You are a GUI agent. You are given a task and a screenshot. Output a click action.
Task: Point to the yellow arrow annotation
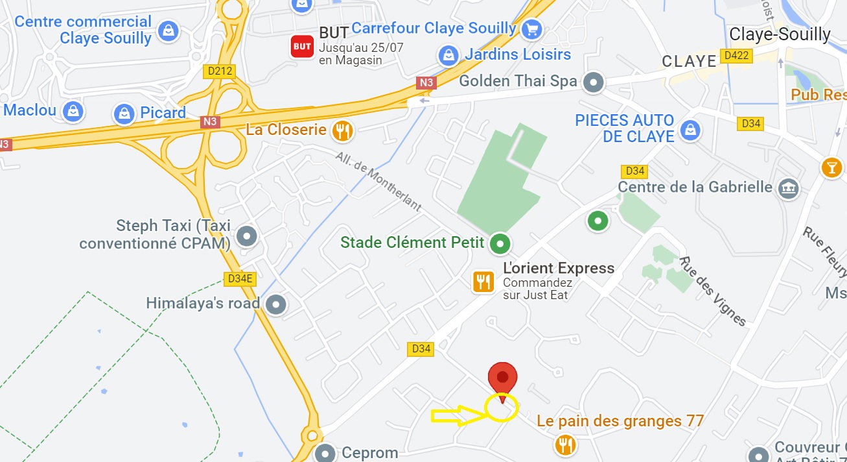pos(459,415)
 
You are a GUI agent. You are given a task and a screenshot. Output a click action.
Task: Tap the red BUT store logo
pos(302,46)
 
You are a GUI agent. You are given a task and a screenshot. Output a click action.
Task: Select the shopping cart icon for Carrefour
pos(532,29)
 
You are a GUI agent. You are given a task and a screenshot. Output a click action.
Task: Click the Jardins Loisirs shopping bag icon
pos(448,55)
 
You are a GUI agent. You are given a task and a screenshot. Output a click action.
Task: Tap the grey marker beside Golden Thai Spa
pos(594,82)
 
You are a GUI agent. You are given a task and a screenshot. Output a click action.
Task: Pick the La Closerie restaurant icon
pos(342,131)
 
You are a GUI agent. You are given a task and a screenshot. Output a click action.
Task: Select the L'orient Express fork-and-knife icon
pos(483,282)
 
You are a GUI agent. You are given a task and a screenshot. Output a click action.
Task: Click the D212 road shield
pos(219,71)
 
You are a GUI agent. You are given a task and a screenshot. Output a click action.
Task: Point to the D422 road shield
pos(737,56)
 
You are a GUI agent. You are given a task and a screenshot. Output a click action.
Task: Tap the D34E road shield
pos(240,279)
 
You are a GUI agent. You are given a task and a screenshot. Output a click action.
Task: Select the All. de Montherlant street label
pos(379,182)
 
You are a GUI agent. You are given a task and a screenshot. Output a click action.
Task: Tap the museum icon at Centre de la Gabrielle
pos(789,188)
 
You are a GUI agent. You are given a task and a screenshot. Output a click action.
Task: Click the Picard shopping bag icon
pos(124,114)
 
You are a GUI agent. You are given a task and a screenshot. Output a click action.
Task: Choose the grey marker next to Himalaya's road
pos(277,303)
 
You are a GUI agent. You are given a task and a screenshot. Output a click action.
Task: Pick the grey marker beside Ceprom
pos(325,453)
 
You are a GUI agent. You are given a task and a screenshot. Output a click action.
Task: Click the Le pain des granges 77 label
pos(620,421)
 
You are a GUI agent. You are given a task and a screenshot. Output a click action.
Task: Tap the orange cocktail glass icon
pos(831,167)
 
